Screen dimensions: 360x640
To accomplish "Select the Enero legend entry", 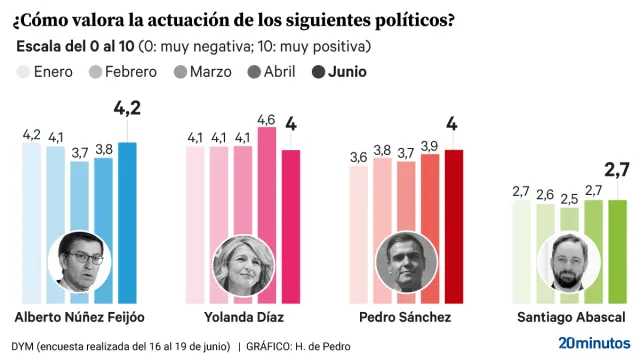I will pyautogui.click(x=45, y=71).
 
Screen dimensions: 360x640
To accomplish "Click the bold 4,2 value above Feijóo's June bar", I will pyautogui.click(x=126, y=108).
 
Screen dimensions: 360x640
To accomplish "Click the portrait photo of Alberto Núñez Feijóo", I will pyautogui.click(x=79, y=261).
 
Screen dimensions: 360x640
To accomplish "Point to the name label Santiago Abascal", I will pyautogui.click(x=571, y=317).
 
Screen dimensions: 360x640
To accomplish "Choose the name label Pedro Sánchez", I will pyautogui.click(x=404, y=317).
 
